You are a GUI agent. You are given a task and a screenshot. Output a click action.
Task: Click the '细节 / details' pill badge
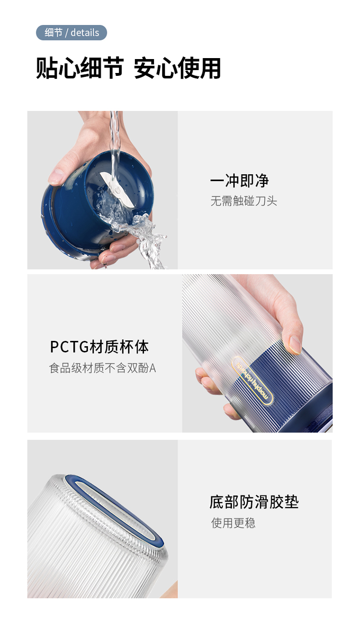click(x=71, y=33)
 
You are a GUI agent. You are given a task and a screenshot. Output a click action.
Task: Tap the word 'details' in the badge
click(x=84, y=33)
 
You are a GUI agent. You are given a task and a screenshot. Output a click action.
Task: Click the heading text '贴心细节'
click(x=80, y=68)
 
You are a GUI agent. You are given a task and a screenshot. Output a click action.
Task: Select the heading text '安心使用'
click(x=178, y=68)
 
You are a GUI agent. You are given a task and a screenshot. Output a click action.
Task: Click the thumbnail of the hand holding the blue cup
click(x=102, y=190)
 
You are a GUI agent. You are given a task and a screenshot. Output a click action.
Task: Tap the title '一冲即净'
click(x=240, y=181)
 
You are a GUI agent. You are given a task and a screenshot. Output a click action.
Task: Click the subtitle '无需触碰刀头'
click(x=244, y=201)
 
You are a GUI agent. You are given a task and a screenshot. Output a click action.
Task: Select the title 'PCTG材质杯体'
click(x=99, y=347)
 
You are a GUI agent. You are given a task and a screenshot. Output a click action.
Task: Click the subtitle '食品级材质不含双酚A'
click(x=102, y=368)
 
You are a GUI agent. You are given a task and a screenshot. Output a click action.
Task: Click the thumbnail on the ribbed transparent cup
click(x=257, y=353)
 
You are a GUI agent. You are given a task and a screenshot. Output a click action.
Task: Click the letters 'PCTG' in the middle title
click(x=69, y=347)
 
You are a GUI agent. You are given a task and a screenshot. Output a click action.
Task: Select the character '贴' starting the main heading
click(x=47, y=68)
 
